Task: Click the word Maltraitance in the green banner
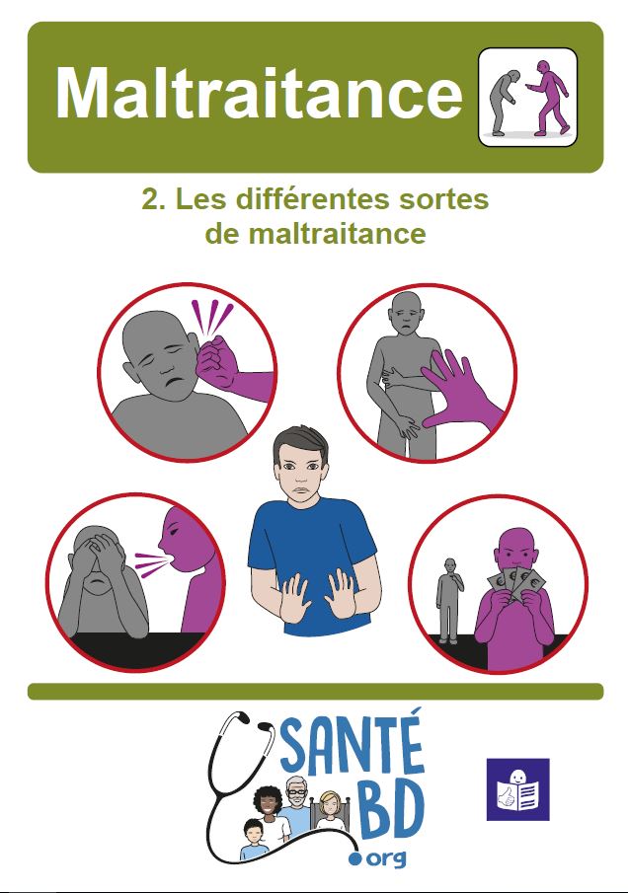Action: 259,95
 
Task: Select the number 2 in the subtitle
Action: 151,199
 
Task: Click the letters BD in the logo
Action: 390,822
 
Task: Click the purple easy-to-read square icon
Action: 517,789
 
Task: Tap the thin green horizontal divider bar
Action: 314,691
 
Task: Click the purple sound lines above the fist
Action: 216,319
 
